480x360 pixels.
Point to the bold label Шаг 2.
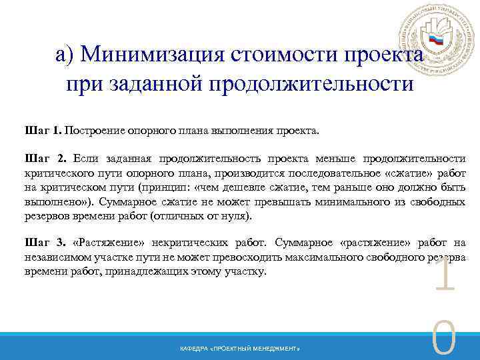tap(45, 159)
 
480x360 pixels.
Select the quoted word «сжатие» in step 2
tap(410, 173)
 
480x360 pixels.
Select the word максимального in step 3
tap(313, 257)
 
